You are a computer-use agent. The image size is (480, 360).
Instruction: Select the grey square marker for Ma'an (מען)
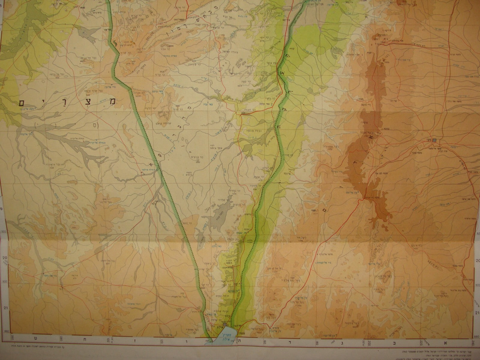[x=435, y=140]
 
